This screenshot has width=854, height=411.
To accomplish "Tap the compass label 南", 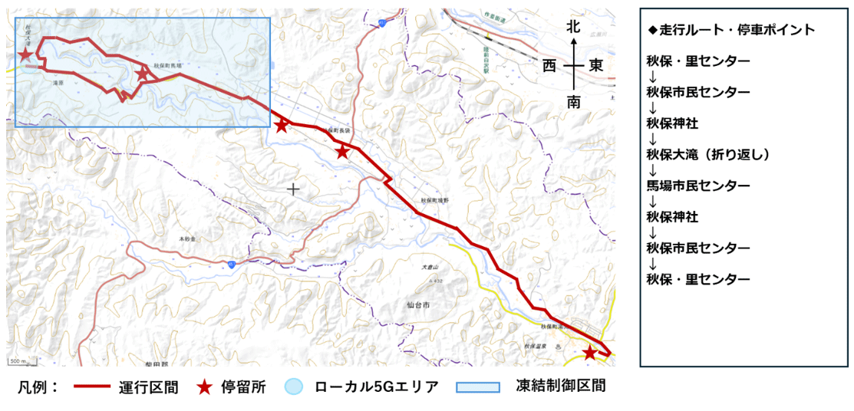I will (x=573, y=101).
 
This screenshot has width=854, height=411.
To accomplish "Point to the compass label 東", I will (x=596, y=66).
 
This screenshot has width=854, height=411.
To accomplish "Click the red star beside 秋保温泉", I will (x=589, y=353).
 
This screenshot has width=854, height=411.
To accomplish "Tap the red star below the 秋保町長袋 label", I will (x=342, y=152).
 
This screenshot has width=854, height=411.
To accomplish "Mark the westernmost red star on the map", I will (x=25, y=55).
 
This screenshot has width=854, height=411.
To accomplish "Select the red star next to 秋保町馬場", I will (x=143, y=74).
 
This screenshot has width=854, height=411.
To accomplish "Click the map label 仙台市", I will (x=418, y=304).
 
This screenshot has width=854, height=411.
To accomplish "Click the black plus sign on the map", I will (x=292, y=188).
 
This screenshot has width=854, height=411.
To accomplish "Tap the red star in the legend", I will (x=203, y=386).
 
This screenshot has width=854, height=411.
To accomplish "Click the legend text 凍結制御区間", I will (x=560, y=386).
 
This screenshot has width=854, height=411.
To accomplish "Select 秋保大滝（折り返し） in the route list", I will (x=707, y=155).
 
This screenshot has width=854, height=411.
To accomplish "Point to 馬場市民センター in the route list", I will (x=697, y=186).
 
